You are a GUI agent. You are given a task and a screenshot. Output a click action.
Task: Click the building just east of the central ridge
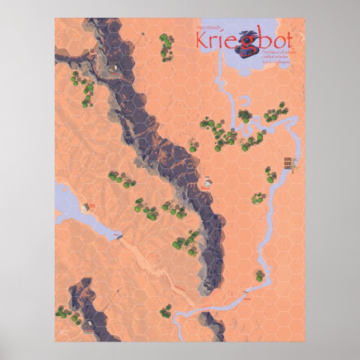[207, 182]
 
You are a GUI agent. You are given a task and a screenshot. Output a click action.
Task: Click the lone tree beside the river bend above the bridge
[260, 274]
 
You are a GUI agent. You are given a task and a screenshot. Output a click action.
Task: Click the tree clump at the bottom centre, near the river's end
[165, 311]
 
